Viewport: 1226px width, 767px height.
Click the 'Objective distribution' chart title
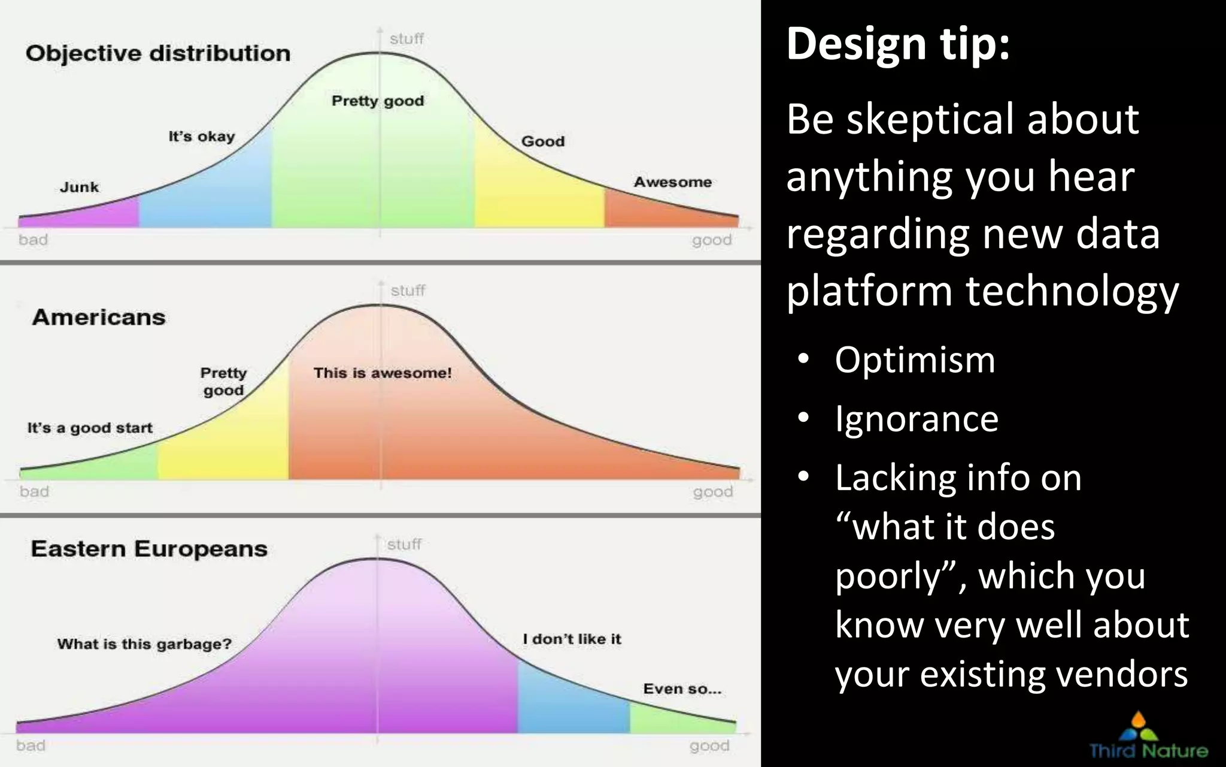coord(158,53)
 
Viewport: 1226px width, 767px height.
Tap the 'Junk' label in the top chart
coord(79,187)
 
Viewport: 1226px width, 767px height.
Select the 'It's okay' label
coord(201,137)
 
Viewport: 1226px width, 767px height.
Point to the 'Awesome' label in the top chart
coord(673,182)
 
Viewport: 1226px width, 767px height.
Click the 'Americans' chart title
coord(99,317)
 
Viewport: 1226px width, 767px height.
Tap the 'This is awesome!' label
coord(383,373)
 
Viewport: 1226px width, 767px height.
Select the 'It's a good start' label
coord(90,428)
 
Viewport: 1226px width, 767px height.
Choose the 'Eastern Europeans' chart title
coord(149,549)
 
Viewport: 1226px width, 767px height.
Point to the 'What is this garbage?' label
coord(144,644)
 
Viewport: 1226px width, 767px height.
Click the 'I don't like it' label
coord(572,639)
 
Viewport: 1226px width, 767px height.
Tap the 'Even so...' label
coord(682,689)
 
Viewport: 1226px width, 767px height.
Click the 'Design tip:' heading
coord(898,43)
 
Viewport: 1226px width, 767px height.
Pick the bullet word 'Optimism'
coord(915,360)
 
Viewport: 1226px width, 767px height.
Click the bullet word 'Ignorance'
coord(917,418)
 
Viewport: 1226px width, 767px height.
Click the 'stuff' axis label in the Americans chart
coord(408,291)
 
